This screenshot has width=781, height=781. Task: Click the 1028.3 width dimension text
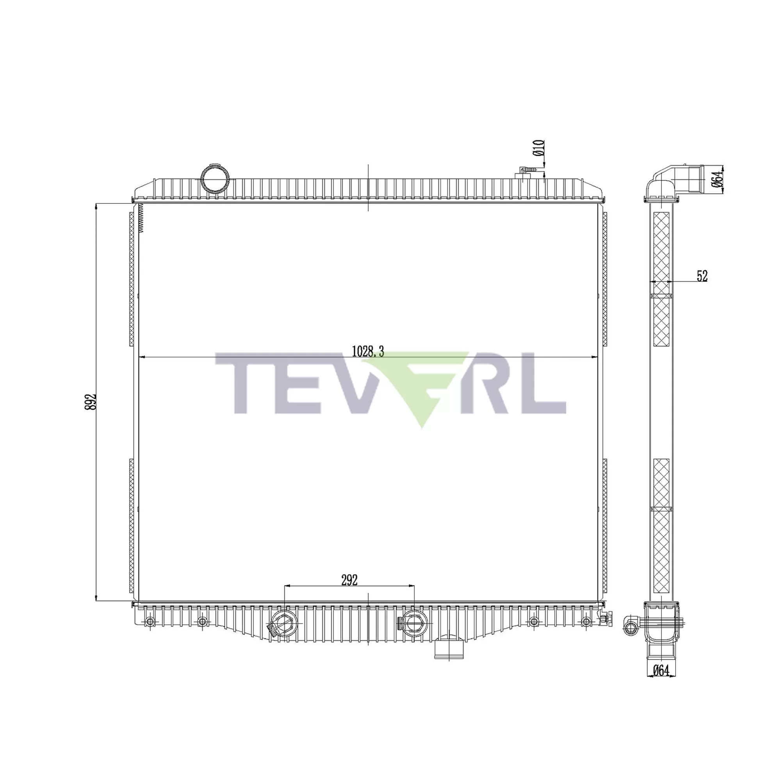[x=367, y=351]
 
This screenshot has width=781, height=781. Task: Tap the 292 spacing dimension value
[x=349, y=580]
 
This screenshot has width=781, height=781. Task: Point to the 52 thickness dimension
[x=702, y=276]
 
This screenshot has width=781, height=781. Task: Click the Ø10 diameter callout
[x=539, y=148]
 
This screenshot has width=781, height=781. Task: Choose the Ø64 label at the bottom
[x=661, y=670]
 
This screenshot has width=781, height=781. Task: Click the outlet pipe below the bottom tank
[x=448, y=647]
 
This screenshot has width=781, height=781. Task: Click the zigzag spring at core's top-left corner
[x=141, y=218]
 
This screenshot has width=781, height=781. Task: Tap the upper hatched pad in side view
[x=661, y=279]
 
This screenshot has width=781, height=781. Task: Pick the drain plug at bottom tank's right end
[x=605, y=619]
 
